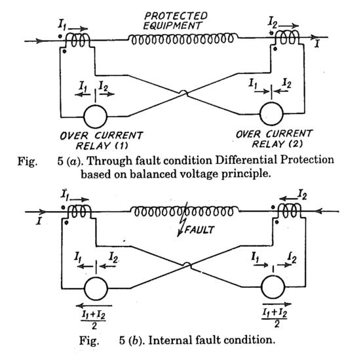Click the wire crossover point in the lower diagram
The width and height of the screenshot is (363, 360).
(186, 267)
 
